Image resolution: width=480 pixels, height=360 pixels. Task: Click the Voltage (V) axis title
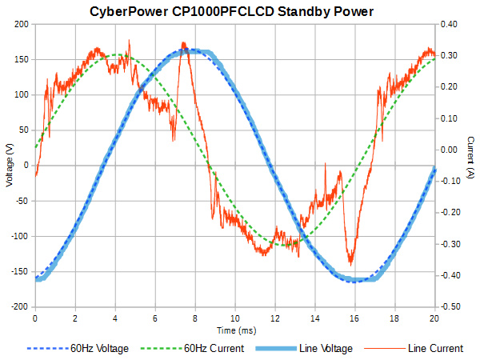coord(9,165)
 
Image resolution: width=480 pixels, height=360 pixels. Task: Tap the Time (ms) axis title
coord(234,330)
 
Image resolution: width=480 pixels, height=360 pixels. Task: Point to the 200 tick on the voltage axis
coord(21,24)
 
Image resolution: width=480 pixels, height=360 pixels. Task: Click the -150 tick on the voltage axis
coord(19,272)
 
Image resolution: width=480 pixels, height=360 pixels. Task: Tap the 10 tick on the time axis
coord(234,318)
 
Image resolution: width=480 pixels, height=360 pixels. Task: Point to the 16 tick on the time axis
coord(354,318)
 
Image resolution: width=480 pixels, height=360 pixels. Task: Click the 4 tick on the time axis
coord(114,318)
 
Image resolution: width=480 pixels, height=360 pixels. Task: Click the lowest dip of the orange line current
coord(350,264)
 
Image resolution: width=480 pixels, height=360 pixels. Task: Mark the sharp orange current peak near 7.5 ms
coord(183,43)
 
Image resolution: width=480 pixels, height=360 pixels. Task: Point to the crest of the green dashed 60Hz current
coord(118,55)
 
